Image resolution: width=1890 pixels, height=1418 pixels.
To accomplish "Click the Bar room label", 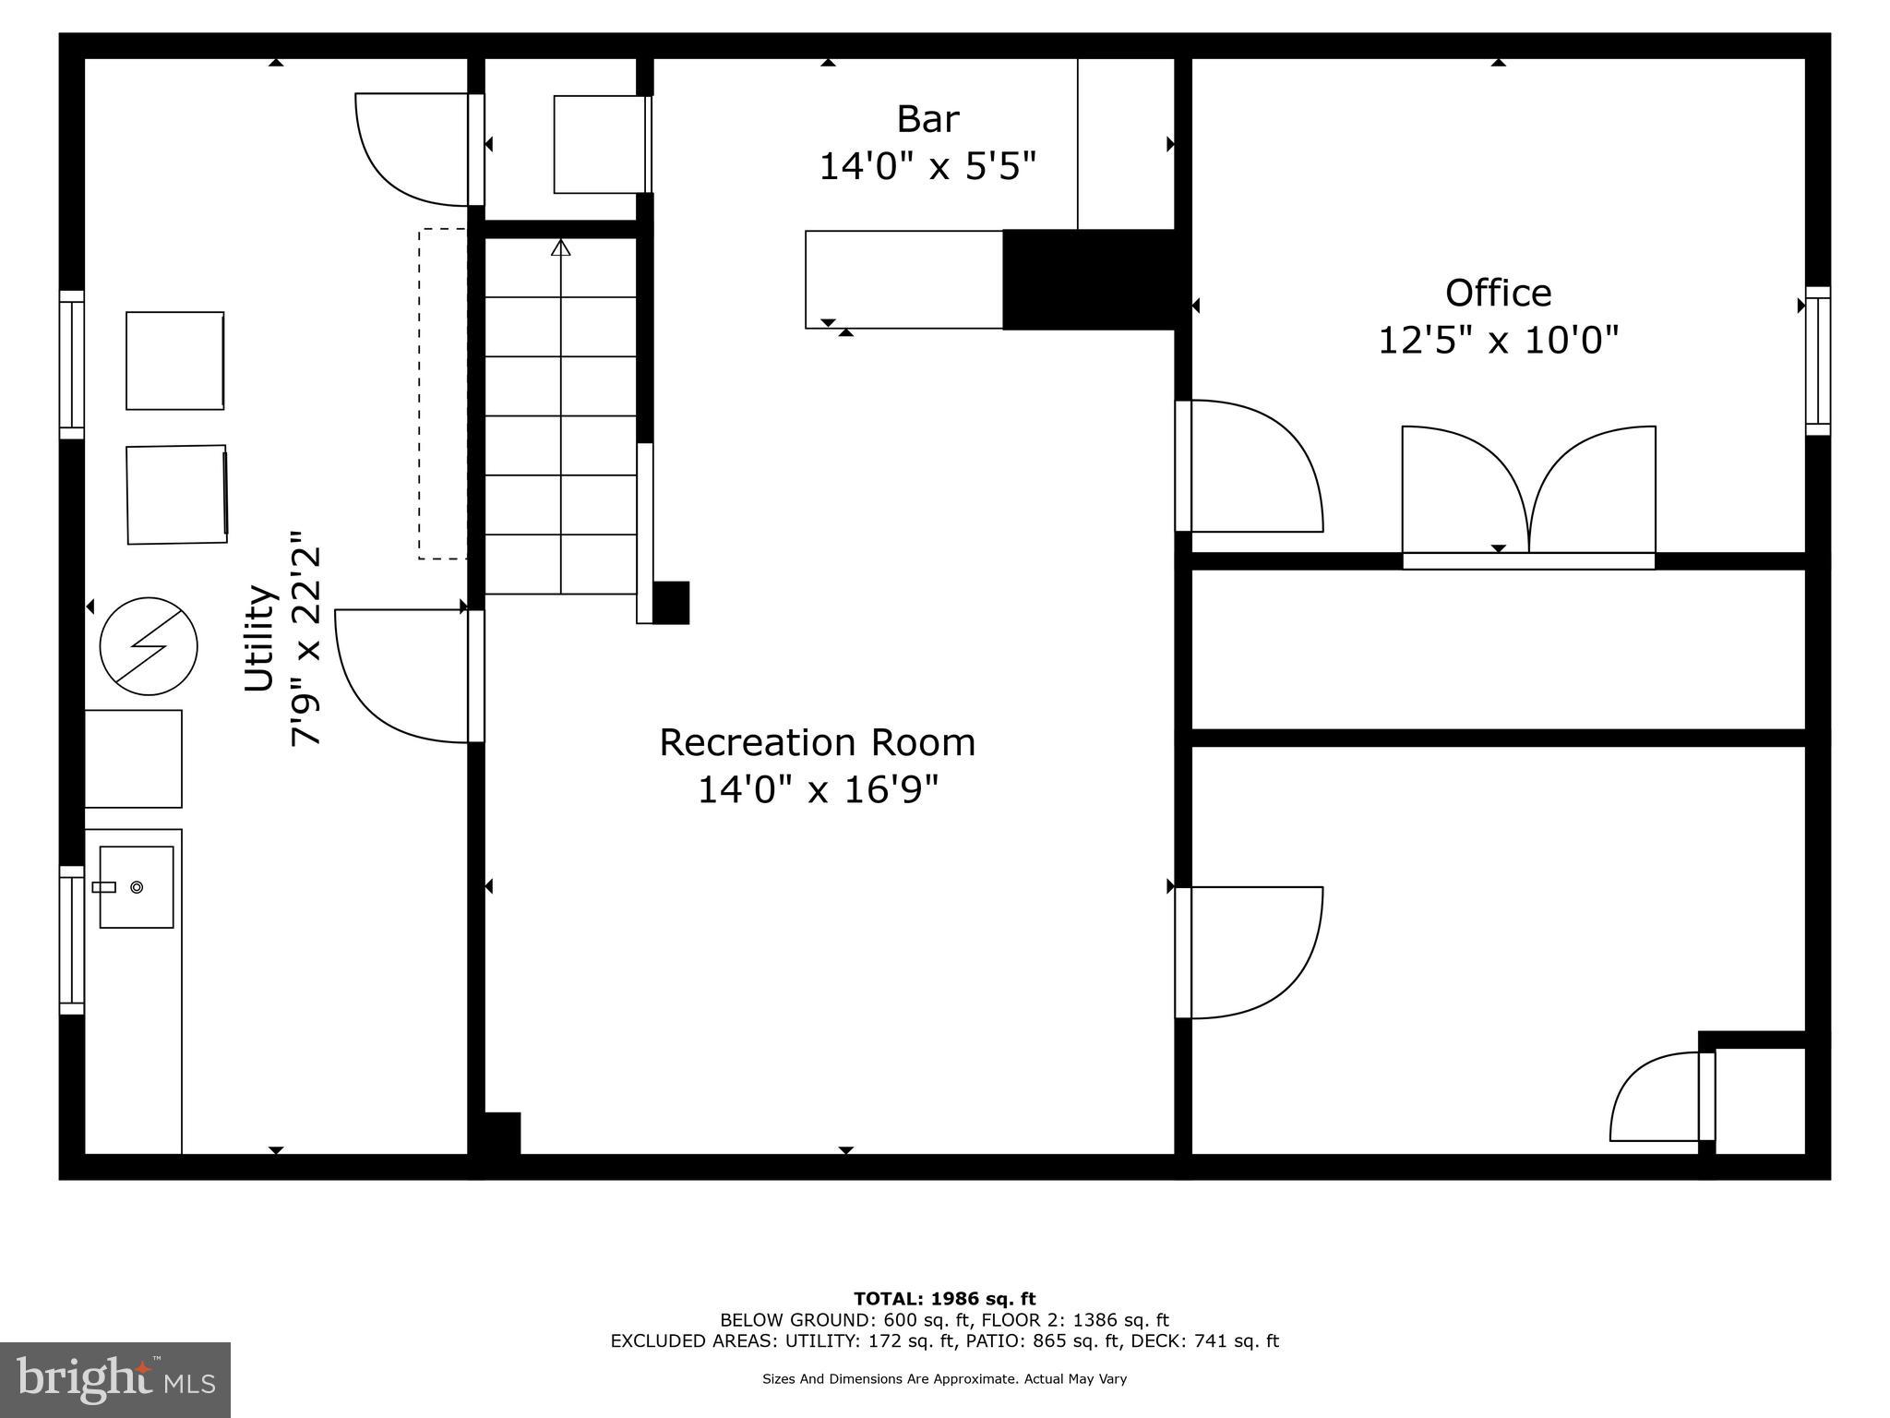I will pos(927,120).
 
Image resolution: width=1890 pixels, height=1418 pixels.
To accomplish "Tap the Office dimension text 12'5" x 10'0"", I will pos(1498,341).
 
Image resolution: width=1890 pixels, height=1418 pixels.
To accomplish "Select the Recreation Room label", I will pos(817,743).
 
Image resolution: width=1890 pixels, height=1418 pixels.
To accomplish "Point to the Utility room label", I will pos(260,637).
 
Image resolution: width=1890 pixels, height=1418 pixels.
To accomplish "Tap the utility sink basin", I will pos(137,887).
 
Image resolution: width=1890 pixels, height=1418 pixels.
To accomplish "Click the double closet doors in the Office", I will pos(1528,494).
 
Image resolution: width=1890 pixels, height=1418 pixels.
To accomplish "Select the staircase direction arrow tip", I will pos(560,246).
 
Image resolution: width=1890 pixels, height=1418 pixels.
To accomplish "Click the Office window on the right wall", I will pos(1817,360).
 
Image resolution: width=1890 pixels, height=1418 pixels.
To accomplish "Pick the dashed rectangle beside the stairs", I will pos(442,394).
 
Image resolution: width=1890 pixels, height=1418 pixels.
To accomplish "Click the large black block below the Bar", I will pos(1089,280).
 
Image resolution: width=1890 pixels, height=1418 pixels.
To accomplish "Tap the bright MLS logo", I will pos(115,1379).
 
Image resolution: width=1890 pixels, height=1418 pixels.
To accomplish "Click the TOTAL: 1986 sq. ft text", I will pos(944,1299).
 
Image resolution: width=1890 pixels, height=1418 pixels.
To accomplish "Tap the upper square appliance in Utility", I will pos(175,360).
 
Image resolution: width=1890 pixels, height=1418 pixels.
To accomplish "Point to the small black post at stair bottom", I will pos(671,603).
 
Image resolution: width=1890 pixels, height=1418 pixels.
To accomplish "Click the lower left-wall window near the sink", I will pos(71,940).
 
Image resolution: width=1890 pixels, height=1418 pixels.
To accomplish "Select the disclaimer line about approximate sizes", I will pos(944,1379).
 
